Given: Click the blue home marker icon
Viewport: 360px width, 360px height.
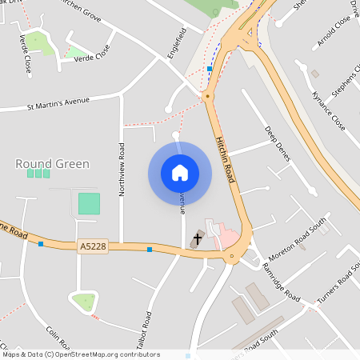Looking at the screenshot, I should point(180,173).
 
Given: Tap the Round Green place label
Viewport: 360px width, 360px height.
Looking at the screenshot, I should point(53,164).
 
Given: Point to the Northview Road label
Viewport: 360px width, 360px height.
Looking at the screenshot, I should point(122,169).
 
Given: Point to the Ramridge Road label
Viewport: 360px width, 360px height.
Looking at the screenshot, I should point(280,285).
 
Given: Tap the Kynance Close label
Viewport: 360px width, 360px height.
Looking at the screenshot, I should point(328,110).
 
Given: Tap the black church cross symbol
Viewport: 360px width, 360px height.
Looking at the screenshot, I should point(198,239).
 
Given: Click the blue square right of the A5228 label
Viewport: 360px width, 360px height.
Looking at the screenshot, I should point(150,250).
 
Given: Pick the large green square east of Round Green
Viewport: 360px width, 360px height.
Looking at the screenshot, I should point(90,203).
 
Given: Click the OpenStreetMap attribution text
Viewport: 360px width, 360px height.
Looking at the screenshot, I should point(80,354).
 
